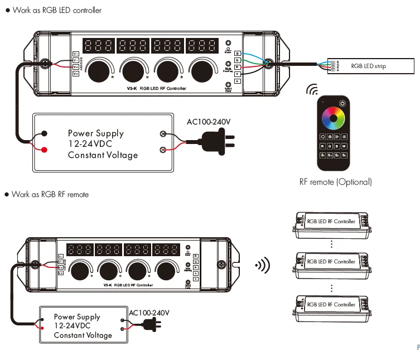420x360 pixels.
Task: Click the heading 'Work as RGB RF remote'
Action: point(50,194)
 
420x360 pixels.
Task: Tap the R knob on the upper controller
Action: point(100,70)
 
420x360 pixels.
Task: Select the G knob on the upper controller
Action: point(133,70)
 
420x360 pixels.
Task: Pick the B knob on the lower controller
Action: point(137,270)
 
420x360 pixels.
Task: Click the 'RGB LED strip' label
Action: point(368,66)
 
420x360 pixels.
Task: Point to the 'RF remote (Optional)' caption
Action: point(335,182)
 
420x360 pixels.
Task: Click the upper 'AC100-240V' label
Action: point(208,121)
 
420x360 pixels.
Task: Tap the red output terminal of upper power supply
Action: point(44,149)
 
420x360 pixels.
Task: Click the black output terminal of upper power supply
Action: point(44,134)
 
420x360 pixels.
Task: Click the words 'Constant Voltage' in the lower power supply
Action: point(83,335)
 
